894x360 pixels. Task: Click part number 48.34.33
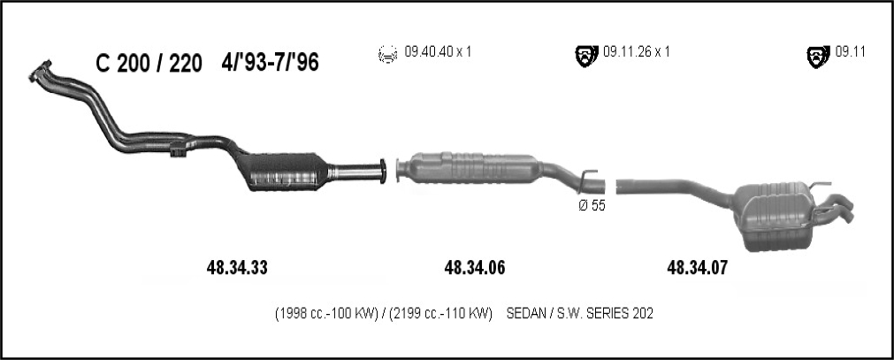(237, 268)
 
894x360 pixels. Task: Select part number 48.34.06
(474, 268)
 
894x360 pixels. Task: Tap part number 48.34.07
(698, 268)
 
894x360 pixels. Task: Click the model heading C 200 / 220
(149, 64)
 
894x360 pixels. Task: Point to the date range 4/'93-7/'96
(271, 63)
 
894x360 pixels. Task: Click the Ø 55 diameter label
(592, 206)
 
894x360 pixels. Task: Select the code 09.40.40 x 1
(438, 52)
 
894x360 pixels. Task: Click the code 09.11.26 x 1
(637, 52)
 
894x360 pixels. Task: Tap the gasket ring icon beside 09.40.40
(387, 54)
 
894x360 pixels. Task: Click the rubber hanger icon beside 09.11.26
(586, 56)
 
